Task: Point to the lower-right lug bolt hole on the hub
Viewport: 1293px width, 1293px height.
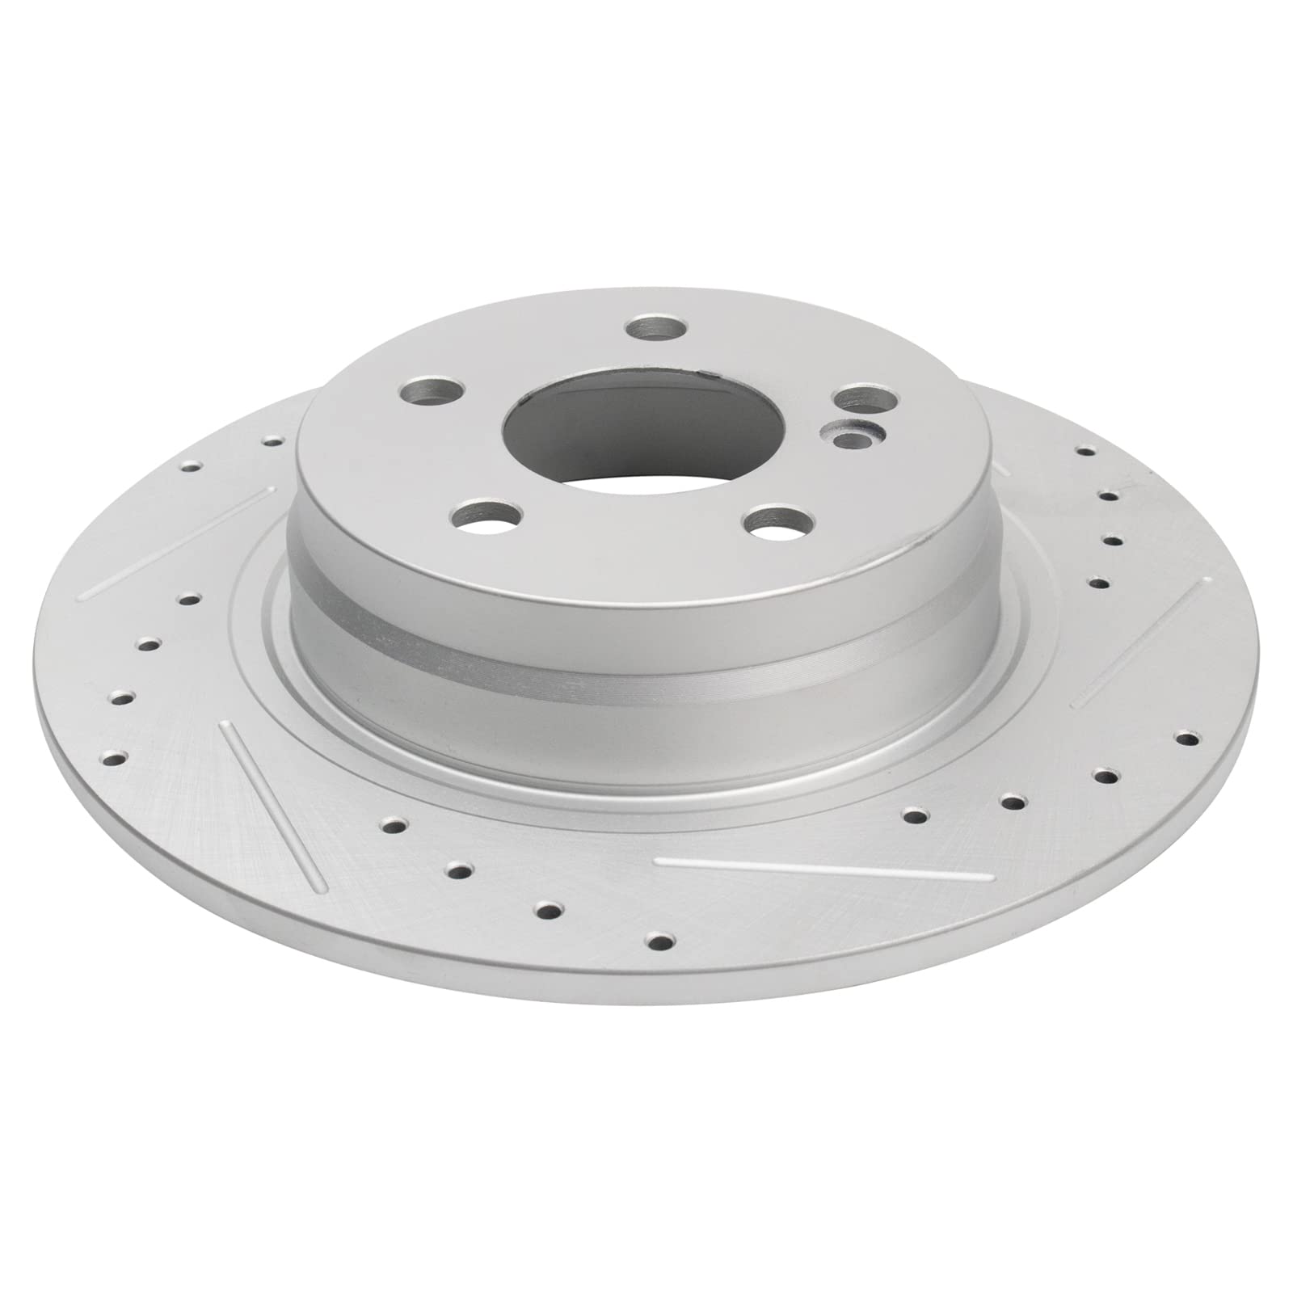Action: click(x=778, y=523)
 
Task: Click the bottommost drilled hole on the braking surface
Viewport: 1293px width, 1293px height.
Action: click(x=662, y=939)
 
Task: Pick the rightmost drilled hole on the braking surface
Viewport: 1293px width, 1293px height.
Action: click(x=1186, y=738)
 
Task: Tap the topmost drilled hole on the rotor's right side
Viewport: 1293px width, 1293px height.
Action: click(x=1085, y=451)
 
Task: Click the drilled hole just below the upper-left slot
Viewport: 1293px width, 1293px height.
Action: click(x=189, y=599)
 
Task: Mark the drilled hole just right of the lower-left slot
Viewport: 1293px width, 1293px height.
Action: click(x=394, y=825)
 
